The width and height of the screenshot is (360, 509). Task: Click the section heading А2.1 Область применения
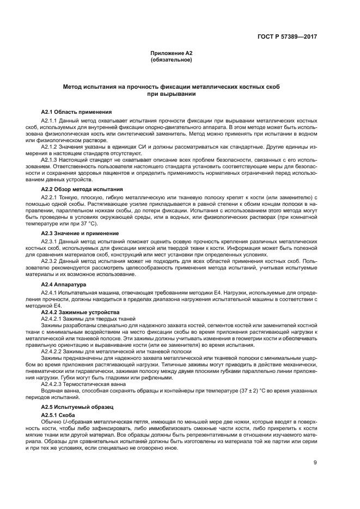[76, 112]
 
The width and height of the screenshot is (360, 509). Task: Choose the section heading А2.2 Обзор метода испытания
[82, 189]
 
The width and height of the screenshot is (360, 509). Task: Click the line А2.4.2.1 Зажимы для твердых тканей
[89, 319]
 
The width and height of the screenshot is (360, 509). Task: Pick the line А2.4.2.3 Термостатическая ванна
[87, 383]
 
